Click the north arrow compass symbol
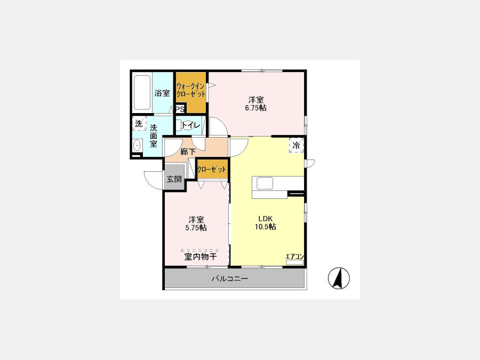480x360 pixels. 339,278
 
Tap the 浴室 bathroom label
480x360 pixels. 162,93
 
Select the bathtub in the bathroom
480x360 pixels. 142,92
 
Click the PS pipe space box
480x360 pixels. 180,109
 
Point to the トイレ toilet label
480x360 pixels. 191,125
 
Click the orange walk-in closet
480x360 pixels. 191,92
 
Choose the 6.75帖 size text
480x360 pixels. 255,108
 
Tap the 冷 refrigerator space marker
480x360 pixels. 297,145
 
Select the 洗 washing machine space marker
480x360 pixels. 139,124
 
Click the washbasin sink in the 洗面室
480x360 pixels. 138,145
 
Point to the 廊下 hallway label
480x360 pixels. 188,151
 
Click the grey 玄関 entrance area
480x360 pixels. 174,178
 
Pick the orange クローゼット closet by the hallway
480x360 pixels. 212,169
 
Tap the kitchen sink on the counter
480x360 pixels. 265,183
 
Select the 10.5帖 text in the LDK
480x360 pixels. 266,227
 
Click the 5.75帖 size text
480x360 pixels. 196,227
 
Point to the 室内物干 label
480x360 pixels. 201,257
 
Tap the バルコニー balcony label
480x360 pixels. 230,278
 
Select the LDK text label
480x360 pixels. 266,219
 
